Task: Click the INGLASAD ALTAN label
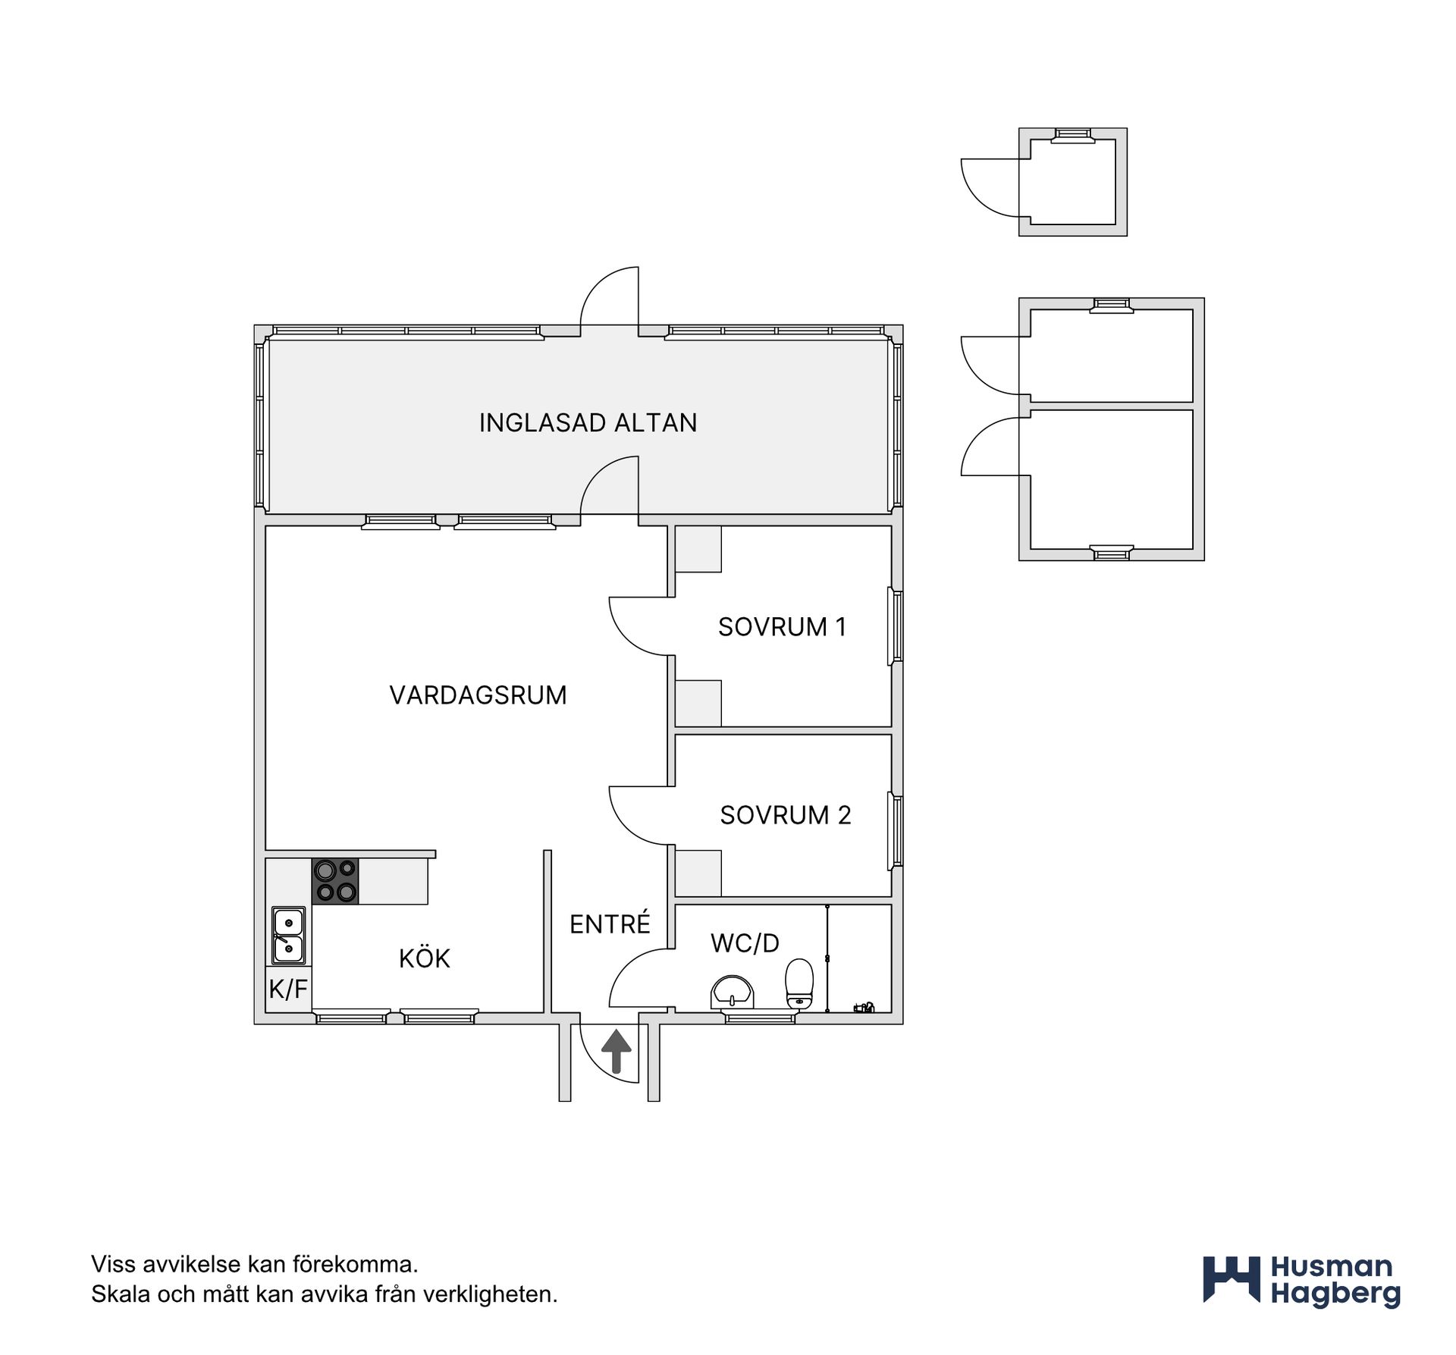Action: coord(588,422)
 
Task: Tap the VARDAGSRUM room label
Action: coord(478,695)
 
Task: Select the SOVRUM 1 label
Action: coord(782,627)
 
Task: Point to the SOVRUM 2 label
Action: coord(786,815)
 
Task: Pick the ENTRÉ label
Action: coord(610,923)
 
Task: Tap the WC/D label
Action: coord(745,943)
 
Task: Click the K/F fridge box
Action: coord(288,989)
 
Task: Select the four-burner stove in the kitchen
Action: coord(335,881)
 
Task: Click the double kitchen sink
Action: coord(289,936)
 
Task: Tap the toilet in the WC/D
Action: coord(799,984)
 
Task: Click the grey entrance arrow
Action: coord(617,1051)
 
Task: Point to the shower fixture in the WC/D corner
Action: coord(864,1008)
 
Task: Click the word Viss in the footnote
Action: coord(111,1264)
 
